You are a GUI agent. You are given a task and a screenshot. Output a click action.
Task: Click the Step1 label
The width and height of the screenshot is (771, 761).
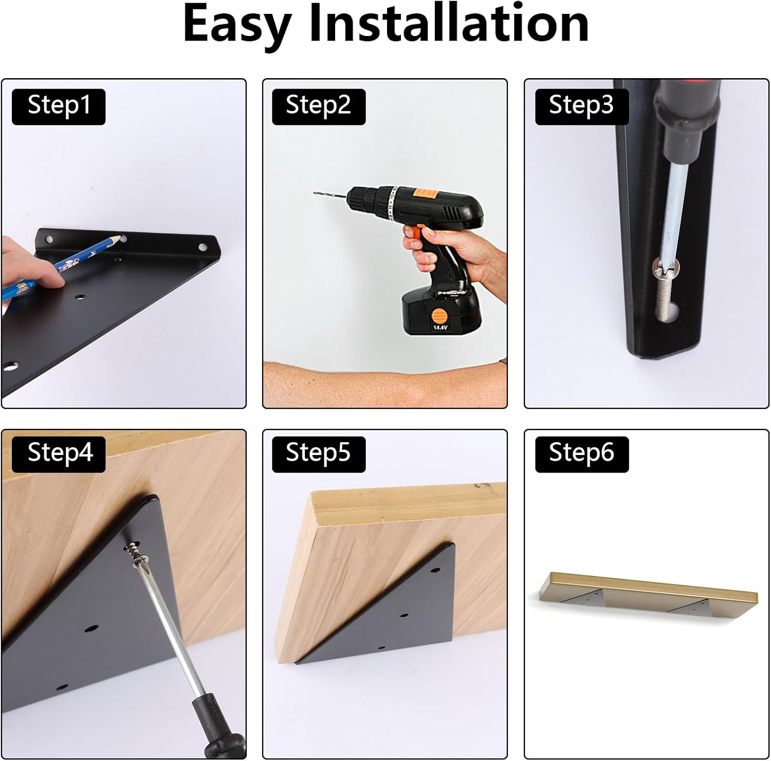point(59,106)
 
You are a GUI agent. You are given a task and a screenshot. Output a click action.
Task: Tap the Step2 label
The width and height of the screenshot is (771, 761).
point(319,106)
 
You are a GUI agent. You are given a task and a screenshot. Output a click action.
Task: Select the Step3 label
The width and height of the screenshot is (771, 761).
point(582,106)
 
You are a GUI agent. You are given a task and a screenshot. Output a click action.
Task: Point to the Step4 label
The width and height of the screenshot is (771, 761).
point(59,454)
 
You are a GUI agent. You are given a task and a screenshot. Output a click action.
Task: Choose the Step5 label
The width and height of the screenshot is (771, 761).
point(319,454)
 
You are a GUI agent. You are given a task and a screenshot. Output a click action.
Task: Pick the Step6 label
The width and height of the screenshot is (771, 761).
point(582,454)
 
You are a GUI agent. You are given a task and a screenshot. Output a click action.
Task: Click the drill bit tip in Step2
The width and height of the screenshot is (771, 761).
point(315,193)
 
